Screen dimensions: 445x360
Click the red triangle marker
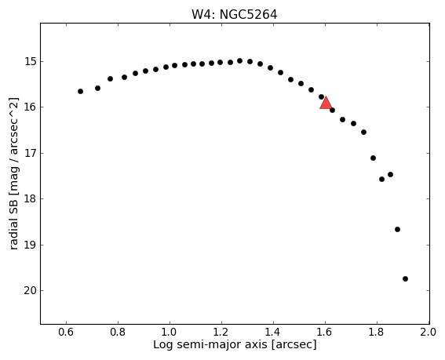click(326, 104)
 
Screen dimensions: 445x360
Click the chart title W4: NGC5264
click(235, 15)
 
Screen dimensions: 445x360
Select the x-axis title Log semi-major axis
click(235, 344)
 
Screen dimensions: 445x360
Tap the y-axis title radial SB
click(14, 173)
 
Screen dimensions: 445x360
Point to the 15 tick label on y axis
click(30, 61)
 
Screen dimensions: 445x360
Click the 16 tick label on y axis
click(30, 107)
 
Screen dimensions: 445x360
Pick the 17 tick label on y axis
click(30, 153)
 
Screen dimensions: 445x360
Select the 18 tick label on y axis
click(30, 199)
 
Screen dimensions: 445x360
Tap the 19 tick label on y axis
click(30, 245)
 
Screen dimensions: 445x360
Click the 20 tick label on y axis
click(30, 290)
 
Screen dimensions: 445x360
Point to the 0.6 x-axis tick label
click(66, 332)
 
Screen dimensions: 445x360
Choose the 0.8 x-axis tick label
click(118, 332)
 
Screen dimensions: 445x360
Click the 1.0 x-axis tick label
click(170, 332)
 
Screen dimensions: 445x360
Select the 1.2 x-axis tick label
click(221, 332)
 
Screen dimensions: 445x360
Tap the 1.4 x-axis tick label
click(273, 332)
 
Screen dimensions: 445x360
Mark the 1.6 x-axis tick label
click(325, 332)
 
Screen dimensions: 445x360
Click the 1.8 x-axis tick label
click(377, 332)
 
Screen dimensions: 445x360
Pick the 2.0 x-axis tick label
click(429, 332)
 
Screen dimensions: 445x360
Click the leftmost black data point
click(80, 91)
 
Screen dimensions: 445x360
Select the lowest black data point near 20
click(405, 279)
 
